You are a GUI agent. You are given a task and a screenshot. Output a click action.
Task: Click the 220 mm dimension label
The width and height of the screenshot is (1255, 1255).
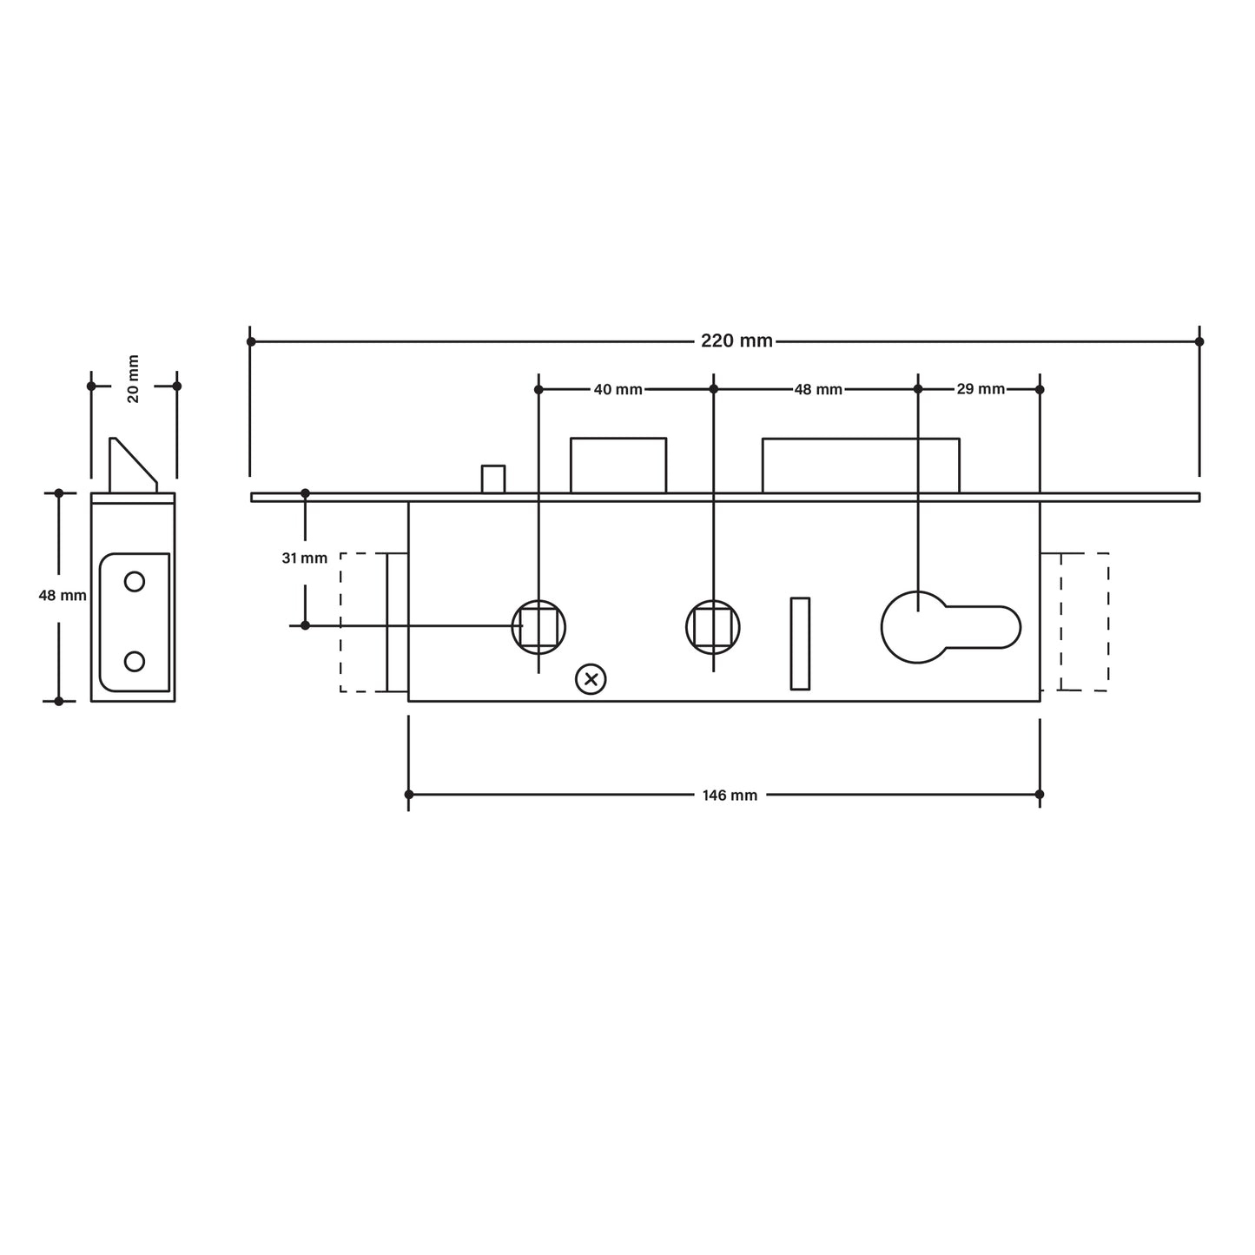coord(736,341)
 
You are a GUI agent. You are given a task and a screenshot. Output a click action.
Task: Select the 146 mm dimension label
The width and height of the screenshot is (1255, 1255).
coord(730,796)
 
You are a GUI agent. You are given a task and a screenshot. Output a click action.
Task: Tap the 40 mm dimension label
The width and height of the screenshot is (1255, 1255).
coord(618,390)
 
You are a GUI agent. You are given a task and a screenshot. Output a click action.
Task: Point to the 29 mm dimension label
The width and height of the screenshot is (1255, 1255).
coord(980,389)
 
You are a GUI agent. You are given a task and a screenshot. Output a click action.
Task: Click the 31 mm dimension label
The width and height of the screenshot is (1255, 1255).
coord(305,558)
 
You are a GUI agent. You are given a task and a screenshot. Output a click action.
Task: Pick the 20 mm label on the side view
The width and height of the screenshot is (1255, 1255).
coord(133,379)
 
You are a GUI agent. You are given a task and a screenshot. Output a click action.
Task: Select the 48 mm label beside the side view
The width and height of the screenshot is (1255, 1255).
coord(63,596)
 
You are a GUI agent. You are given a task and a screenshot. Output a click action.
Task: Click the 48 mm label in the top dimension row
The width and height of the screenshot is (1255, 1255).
coord(817,390)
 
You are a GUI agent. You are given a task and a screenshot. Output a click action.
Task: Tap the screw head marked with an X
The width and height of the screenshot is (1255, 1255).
coord(591,679)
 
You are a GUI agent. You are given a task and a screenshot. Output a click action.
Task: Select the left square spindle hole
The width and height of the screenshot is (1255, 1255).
coord(538,626)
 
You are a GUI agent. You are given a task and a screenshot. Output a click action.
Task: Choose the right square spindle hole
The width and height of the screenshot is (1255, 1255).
coord(713,626)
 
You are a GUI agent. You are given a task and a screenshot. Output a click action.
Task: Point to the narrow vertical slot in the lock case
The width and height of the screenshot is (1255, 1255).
coord(800,644)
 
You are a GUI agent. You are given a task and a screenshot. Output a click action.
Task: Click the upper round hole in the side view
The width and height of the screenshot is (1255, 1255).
coord(135,581)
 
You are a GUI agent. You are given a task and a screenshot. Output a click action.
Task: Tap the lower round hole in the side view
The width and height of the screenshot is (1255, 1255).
coord(135,661)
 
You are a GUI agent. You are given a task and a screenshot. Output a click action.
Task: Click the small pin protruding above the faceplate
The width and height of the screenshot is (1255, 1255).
coord(493,479)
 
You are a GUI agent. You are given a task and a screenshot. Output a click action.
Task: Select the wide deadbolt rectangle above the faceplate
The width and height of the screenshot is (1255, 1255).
coord(860,466)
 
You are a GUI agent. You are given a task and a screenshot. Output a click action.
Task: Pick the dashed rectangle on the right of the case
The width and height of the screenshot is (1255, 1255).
coord(1084,622)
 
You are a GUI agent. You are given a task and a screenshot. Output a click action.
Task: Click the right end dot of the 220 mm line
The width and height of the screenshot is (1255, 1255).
coord(1199,341)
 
